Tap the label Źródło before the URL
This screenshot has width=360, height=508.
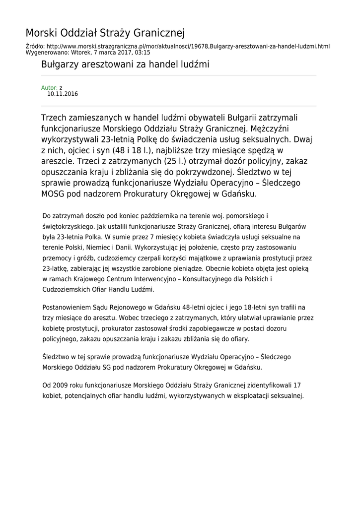click(34, 46)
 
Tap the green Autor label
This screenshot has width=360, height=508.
click(49, 88)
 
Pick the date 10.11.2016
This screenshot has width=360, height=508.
click(63, 94)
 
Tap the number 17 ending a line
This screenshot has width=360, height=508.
click(297, 385)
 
